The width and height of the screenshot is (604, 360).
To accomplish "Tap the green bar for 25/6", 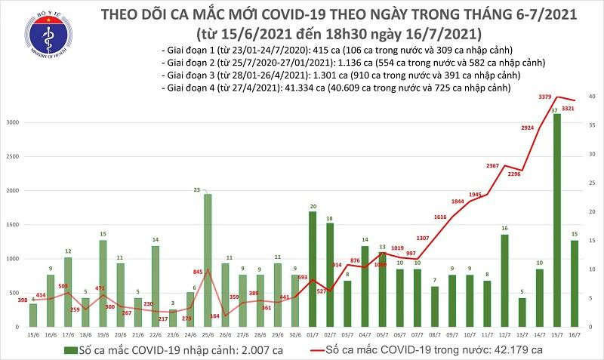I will pos(208,261).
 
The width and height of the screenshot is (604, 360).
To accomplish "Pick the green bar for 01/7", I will pos(313,269).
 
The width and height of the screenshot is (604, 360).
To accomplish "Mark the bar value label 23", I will pos(208,189).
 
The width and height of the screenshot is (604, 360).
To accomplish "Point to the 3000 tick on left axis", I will pos(14,122).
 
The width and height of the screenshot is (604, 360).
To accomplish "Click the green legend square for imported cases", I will pos(69,349).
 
